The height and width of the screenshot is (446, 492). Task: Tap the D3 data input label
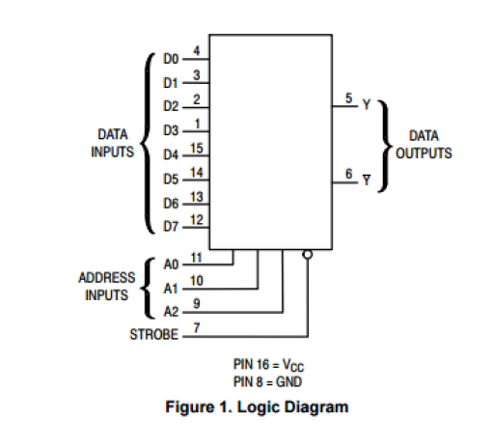170,130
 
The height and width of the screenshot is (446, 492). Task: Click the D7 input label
170,227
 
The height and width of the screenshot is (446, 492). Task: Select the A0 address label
170,263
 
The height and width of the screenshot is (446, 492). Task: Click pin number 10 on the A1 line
196,280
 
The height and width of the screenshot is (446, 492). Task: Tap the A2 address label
170,311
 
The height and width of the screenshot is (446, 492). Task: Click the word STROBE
153,335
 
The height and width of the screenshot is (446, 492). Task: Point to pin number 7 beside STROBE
196,328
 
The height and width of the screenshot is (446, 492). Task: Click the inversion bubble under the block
307,255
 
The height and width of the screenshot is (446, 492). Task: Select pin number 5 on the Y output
348,98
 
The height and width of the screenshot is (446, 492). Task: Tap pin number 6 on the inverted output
348,174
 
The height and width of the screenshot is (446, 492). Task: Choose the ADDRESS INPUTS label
106,286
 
